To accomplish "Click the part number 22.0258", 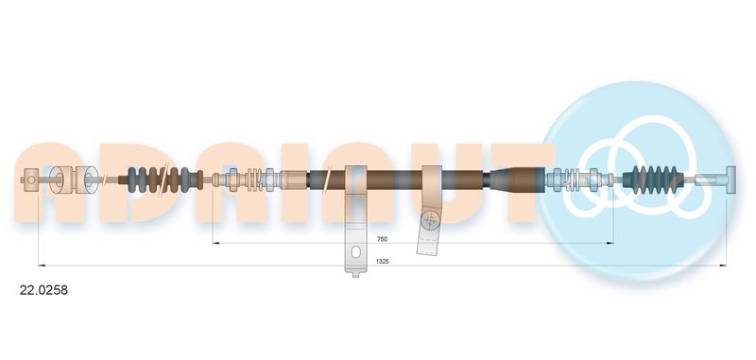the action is coord(43,290).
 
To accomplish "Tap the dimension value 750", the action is coord(383,239).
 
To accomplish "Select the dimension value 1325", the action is coord(383,261).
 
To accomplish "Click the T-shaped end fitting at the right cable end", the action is coord(730,180).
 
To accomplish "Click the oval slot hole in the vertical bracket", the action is coord(356,252).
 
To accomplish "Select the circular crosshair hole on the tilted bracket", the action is coord(429,221).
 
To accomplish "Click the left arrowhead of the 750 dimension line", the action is coord(215,244).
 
